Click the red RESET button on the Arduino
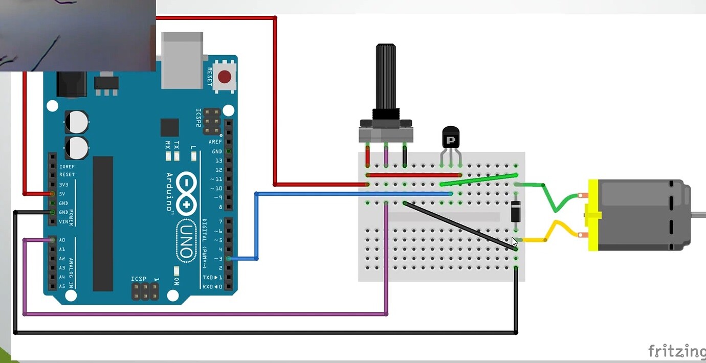(x=224, y=77)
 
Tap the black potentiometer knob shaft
(x=386, y=77)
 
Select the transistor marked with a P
(x=451, y=139)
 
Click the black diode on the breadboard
(x=516, y=211)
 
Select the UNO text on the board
(x=186, y=240)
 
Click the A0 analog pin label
(x=62, y=240)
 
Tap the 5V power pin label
(x=62, y=194)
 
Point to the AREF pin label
(x=215, y=142)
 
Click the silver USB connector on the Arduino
(x=182, y=60)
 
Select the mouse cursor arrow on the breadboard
(x=514, y=241)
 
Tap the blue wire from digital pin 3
(x=256, y=225)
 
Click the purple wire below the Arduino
(x=205, y=314)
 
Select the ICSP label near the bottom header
(x=139, y=279)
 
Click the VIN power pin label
(x=63, y=222)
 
